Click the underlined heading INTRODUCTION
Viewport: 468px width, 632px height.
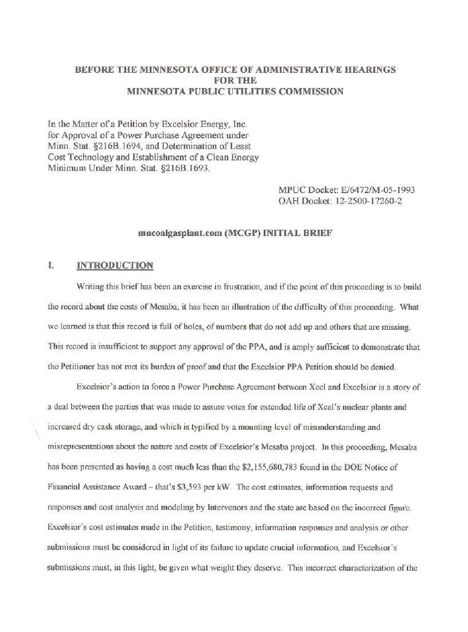click(115, 265)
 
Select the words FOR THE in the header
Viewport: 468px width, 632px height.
click(235, 81)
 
